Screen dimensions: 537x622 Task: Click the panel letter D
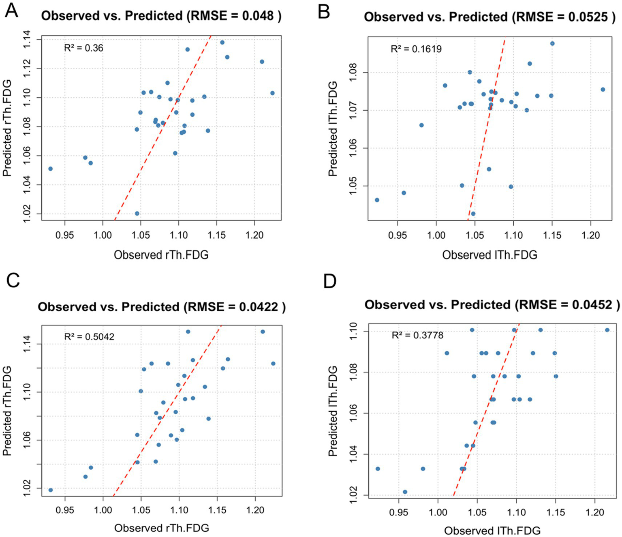[330, 281]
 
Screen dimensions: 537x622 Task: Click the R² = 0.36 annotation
[83, 48]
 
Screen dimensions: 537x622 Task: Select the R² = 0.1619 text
[416, 49]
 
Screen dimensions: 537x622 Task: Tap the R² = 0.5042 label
[89, 337]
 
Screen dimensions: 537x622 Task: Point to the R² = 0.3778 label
[417, 336]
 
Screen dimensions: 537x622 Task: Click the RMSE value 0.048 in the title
[258, 16]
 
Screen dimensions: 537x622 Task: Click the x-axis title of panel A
[161, 255]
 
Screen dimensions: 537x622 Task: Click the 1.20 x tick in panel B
[590, 235]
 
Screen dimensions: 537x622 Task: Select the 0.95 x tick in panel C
[65, 510]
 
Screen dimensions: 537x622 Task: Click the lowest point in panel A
[137, 214]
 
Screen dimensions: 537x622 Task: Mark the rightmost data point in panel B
[603, 90]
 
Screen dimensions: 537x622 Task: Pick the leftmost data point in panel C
[51, 490]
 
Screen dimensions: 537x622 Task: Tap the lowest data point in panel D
[405, 492]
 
